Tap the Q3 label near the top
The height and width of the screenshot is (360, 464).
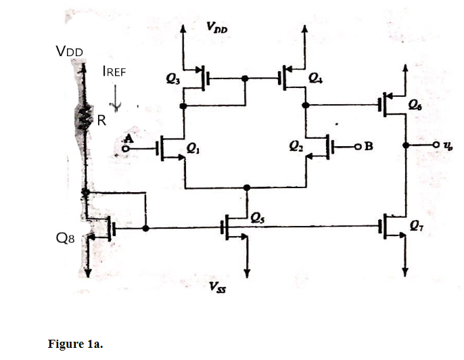[174, 79]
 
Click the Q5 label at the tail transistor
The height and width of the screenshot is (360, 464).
[258, 217]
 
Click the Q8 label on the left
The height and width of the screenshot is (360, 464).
[66, 239]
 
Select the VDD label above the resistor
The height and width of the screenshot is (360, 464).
[70, 51]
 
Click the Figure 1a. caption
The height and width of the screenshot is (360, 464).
[74, 344]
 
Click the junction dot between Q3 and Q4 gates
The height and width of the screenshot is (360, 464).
[245, 78]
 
